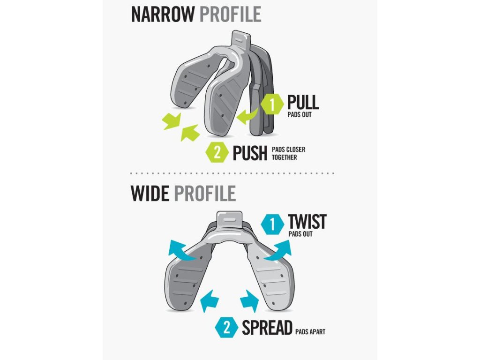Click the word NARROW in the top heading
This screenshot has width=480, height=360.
point(163,14)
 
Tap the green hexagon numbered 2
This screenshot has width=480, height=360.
point(218,151)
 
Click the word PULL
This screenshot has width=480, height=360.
point(303,102)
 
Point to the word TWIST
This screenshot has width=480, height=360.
point(307,221)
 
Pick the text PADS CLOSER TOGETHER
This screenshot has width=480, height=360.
point(288,153)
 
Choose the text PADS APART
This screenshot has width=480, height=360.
point(310,332)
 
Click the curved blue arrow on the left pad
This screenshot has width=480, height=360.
point(182,251)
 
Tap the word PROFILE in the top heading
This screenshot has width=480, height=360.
point(230,14)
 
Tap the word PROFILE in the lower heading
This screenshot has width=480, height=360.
point(204,193)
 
